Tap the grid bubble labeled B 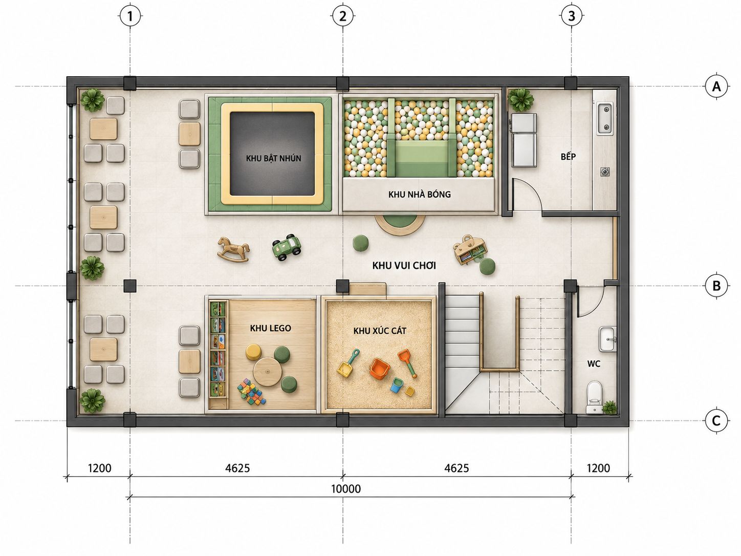(716, 286)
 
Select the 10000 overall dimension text (346, 488)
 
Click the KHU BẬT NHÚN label (273, 158)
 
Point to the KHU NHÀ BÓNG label (419, 194)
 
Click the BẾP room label (569, 156)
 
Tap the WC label (594, 363)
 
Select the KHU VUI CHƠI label (404, 266)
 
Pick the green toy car (287, 247)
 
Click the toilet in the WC (594, 397)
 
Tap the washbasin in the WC (607, 339)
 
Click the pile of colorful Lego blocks (251, 392)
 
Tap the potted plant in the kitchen (521, 100)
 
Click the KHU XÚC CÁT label (379, 331)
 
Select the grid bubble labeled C (716, 421)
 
